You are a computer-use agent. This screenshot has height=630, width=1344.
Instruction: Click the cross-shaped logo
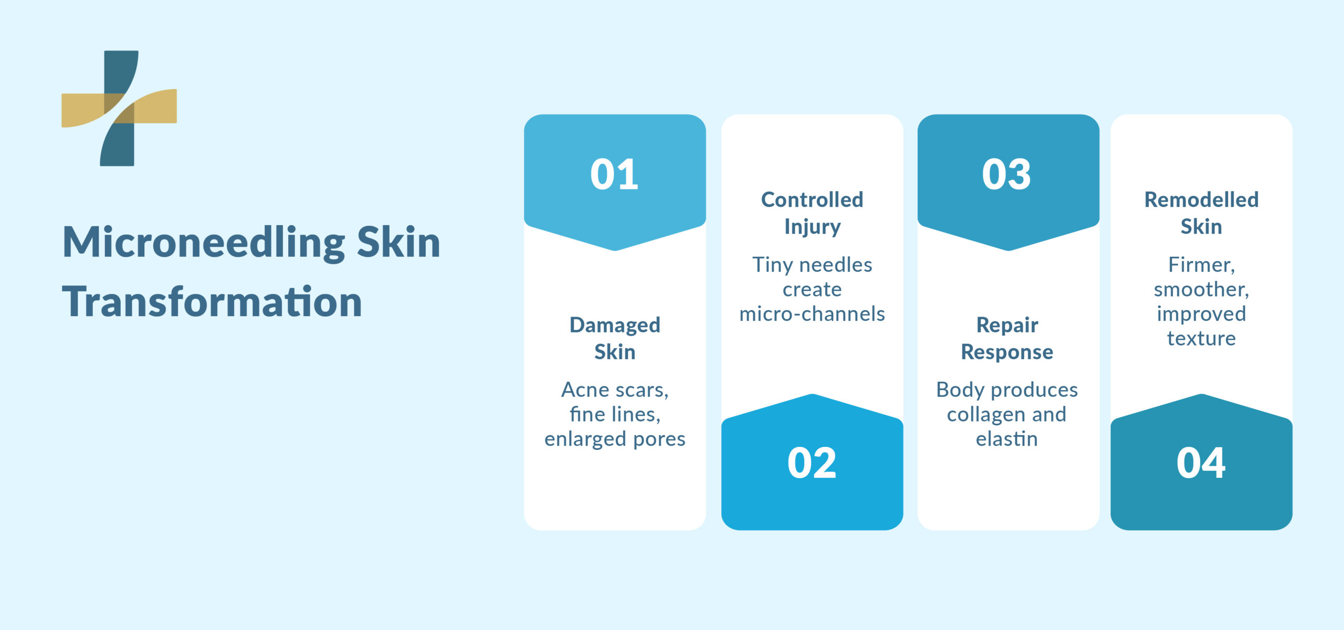coord(119,108)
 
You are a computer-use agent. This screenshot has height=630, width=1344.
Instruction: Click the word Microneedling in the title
coord(204,243)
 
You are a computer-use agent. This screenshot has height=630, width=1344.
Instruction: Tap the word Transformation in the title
coord(212,302)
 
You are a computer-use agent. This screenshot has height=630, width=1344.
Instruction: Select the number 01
coord(614,174)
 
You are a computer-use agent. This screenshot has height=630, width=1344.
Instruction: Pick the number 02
coord(812,463)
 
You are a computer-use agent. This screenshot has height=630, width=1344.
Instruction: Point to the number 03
coord(1006,174)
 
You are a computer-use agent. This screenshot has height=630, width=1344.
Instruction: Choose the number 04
coord(1201,463)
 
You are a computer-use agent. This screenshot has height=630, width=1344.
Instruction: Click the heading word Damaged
coord(615,325)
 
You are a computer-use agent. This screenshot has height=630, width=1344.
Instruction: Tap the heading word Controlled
coord(812,199)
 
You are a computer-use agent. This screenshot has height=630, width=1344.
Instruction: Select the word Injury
coord(812,227)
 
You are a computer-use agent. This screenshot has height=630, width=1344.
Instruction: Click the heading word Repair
coord(1007,325)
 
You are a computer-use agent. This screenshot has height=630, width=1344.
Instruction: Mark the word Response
coord(1007,352)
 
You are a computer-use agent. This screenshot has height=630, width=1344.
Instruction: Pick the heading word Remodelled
coord(1201,199)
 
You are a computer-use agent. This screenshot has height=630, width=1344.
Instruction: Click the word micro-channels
coord(812,314)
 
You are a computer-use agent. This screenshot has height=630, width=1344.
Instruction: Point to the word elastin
coord(1007,439)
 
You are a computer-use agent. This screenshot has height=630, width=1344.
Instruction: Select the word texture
coord(1201,339)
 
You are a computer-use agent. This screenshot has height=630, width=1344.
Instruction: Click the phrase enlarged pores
coord(615,439)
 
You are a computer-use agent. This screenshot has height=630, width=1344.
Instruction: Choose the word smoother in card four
coord(1200,289)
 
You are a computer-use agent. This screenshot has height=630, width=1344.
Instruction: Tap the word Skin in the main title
coord(398,243)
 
